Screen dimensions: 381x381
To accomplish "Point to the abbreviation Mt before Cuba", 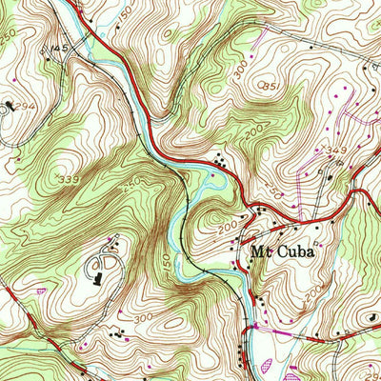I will (259, 253).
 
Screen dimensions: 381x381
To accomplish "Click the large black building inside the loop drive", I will (98, 277).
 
